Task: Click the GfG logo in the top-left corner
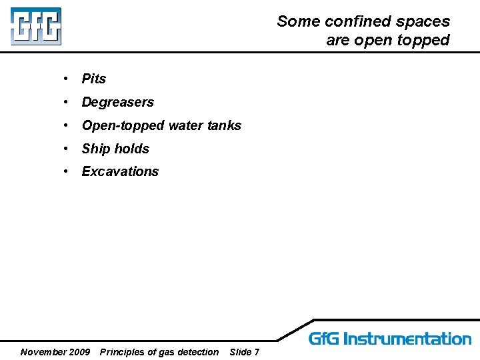(35, 27)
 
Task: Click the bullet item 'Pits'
(94, 79)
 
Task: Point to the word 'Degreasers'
(117, 102)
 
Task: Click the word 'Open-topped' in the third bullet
(123, 125)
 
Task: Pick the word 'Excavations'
(120, 171)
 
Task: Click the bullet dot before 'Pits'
(67, 79)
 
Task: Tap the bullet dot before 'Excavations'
(67, 171)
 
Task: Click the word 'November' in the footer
(42, 352)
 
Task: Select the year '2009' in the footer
(79, 352)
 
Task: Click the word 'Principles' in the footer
(123, 352)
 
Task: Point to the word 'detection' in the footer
(198, 352)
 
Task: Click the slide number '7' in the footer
(257, 352)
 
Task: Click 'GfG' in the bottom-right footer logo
(324, 339)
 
